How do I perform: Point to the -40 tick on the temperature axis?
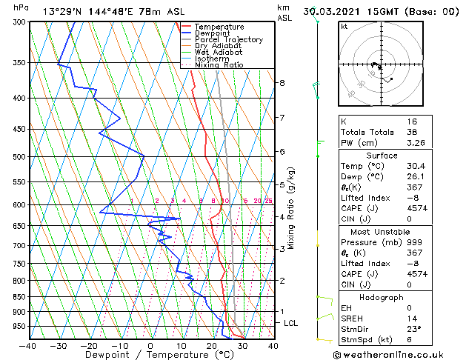pos(28,345)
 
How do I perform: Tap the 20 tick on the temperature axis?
pos(212,345)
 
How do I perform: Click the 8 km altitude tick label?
pos(282,83)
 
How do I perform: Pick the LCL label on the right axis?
pos(291,324)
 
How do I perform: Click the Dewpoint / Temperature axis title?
pos(150,356)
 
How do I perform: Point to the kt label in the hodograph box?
pos(344,27)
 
